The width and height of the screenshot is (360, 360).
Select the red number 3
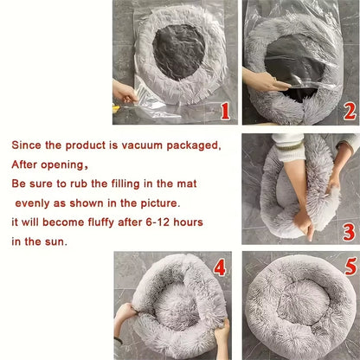tap(349, 231)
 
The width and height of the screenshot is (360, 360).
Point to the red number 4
tap(220, 267)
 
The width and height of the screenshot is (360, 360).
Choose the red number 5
tap(350, 267)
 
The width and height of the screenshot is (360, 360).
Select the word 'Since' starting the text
tap(26, 144)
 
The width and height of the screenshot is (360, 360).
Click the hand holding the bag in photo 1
tap(124, 92)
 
